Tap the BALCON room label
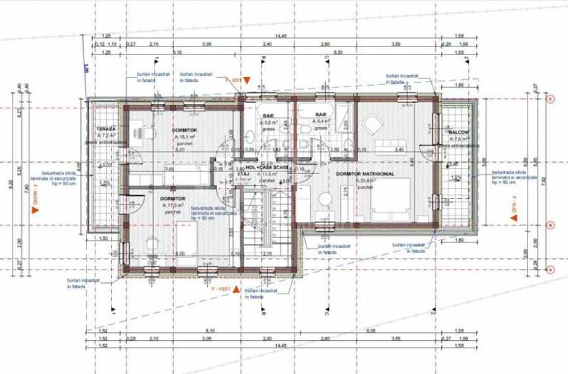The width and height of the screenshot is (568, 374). click(x=459, y=132)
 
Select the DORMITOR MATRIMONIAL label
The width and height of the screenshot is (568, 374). click(x=366, y=173)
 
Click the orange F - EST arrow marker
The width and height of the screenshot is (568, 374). click(x=245, y=80)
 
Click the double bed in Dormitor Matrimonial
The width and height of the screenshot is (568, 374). click(x=391, y=200)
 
